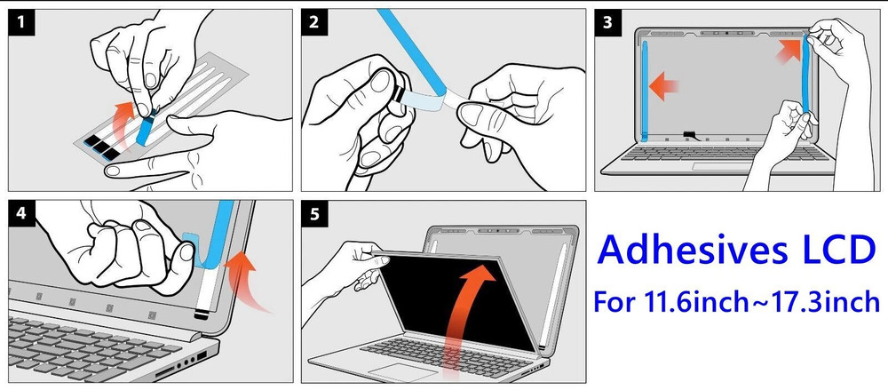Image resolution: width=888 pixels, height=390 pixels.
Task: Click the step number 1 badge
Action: pos(21,23)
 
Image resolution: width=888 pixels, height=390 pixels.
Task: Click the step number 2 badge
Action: pos(314,23)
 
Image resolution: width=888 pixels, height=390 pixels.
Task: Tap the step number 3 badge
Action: pos(607,23)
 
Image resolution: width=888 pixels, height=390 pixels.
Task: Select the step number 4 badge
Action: pos(21,214)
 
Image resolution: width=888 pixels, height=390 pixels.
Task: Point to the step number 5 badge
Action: pos(314,214)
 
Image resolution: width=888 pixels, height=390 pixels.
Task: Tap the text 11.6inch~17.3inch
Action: pos(762,301)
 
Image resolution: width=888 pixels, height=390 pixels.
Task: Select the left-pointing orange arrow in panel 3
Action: pos(663,87)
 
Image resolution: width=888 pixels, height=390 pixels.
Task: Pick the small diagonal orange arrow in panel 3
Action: pos(789,50)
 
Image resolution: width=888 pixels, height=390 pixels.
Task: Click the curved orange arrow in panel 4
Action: pos(246,281)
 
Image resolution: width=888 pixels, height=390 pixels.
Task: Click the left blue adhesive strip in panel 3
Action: pos(645,91)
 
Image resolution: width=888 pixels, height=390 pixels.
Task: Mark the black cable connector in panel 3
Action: pos(692,134)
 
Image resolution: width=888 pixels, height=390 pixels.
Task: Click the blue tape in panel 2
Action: pos(412,51)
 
